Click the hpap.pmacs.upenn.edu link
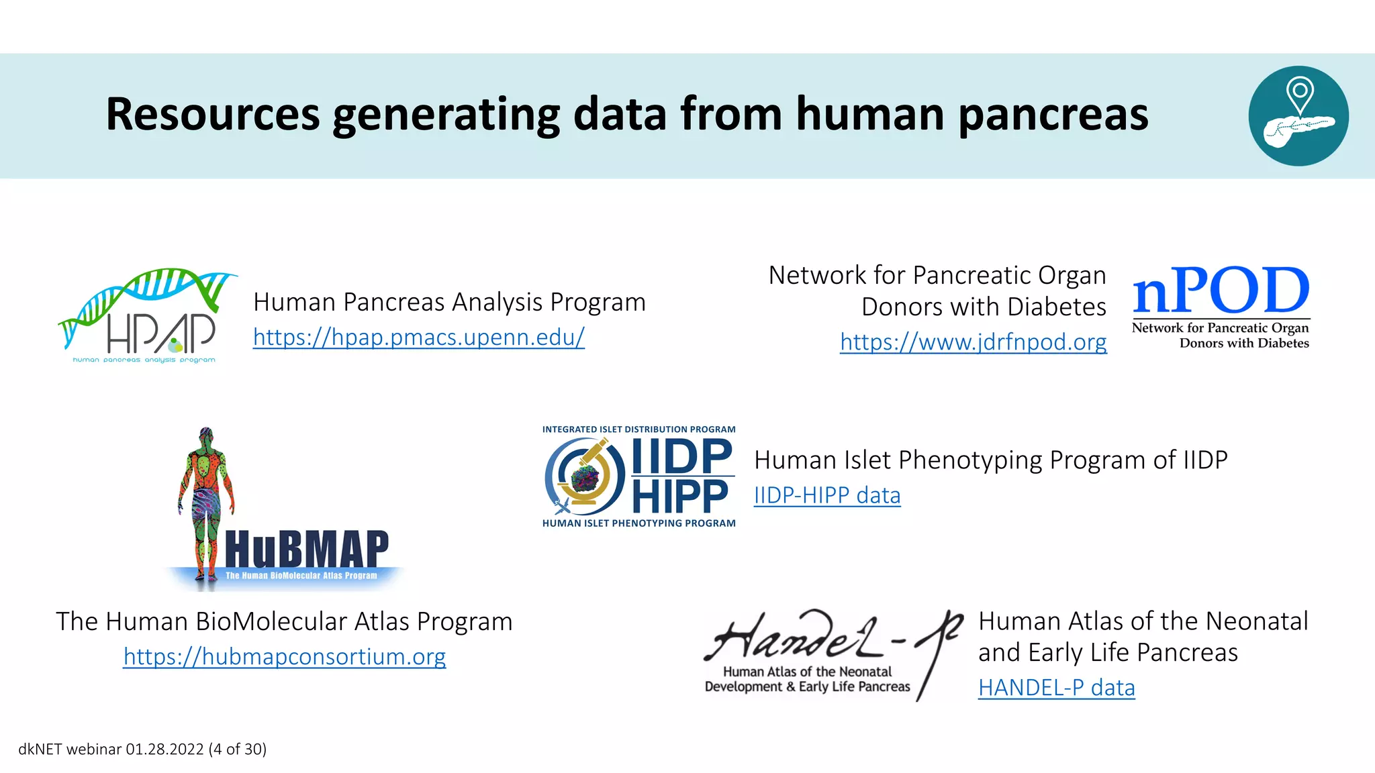[418, 338]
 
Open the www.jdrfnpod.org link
[973, 342]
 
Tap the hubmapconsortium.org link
[284, 657]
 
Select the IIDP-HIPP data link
[826, 496]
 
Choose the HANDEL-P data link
[1056, 688]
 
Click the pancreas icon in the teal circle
[1296, 129]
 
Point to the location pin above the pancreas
[1300, 94]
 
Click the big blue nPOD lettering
[1221, 291]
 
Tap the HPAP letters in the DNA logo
[161, 333]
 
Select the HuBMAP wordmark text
[307, 550]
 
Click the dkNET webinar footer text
[142, 750]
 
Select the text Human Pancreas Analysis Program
[448, 303]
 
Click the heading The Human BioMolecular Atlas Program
[284, 622]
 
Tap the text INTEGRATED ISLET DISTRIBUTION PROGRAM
[638, 429]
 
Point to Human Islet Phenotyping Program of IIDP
[990, 460]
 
